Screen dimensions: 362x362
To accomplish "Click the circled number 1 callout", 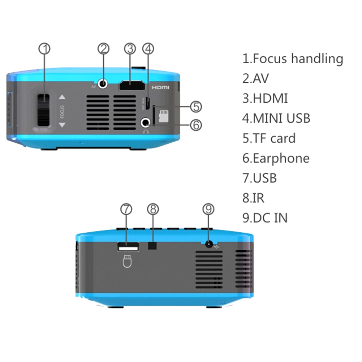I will click(45, 49).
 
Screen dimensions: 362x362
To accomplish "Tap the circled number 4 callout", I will click(148, 49).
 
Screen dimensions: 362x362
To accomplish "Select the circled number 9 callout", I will click(208, 209).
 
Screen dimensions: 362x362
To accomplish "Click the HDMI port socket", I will click(132, 86).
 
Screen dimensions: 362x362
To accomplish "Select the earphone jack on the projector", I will click(146, 123).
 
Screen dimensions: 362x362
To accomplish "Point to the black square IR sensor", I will click(153, 246).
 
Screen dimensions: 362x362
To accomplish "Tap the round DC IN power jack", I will click(208, 245).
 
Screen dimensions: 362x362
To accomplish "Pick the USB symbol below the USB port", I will click(127, 262).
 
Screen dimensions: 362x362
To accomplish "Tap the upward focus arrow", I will click(63, 97).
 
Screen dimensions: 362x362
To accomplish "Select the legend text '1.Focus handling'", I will click(292, 59).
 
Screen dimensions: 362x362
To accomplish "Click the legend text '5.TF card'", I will click(269, 138).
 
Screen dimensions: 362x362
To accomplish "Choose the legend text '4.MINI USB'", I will click(276, 118).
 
